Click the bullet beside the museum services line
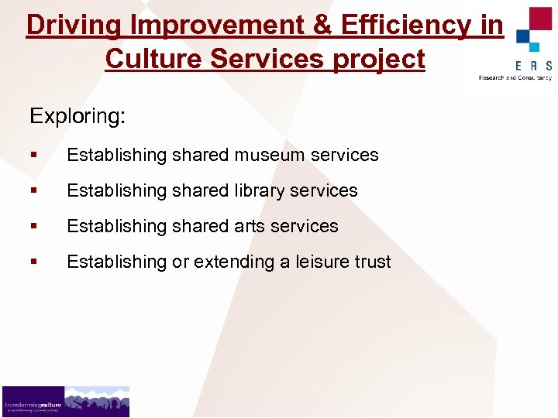point(33,155)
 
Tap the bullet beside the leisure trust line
point(33,262)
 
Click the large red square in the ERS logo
point(539,19)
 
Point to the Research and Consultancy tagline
point(515,77)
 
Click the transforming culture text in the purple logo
point(33,405)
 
